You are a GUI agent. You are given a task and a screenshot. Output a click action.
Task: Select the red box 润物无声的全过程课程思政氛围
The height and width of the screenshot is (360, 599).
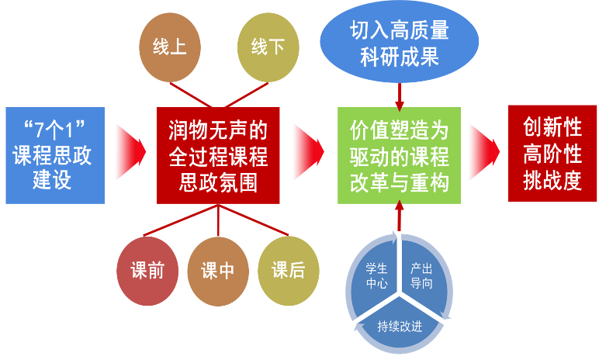pyautogui.click(x=218, y=155)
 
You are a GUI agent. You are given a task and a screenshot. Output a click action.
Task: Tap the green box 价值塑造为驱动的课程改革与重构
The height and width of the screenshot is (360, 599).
pyautogui.click(x=399, y=155)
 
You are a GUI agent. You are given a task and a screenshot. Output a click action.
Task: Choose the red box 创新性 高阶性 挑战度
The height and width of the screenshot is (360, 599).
pyautogui.click(x=552, y=153)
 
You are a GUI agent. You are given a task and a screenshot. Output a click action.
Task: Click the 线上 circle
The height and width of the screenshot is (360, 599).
pyautogui.click(x=169, y=49)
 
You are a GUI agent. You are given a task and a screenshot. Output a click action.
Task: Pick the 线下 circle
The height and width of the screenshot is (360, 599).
pyautogui.click(x=268, y=49)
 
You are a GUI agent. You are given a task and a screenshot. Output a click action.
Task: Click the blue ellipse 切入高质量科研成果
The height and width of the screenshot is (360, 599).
pyautogui.click(x=399, y=43)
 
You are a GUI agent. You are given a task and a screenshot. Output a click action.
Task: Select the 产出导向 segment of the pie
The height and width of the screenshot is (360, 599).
pyautogui.click(x=421, y=275)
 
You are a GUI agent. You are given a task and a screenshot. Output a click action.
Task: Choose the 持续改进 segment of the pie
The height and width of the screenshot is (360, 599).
pyautogui.click(x=400, y=323)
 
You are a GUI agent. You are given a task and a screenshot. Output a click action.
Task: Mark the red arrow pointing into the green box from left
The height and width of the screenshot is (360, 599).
pyautogui.click(x=308, y=147)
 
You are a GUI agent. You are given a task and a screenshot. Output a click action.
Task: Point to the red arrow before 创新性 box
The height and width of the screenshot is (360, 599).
pyautogui.click(x=483, y=147)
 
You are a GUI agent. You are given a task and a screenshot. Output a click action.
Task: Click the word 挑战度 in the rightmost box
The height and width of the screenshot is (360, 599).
pyautogui.click(x=552, y=179)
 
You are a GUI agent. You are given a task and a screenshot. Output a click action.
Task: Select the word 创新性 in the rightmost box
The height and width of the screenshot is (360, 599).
pyautogui.click(x=552, y=126)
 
